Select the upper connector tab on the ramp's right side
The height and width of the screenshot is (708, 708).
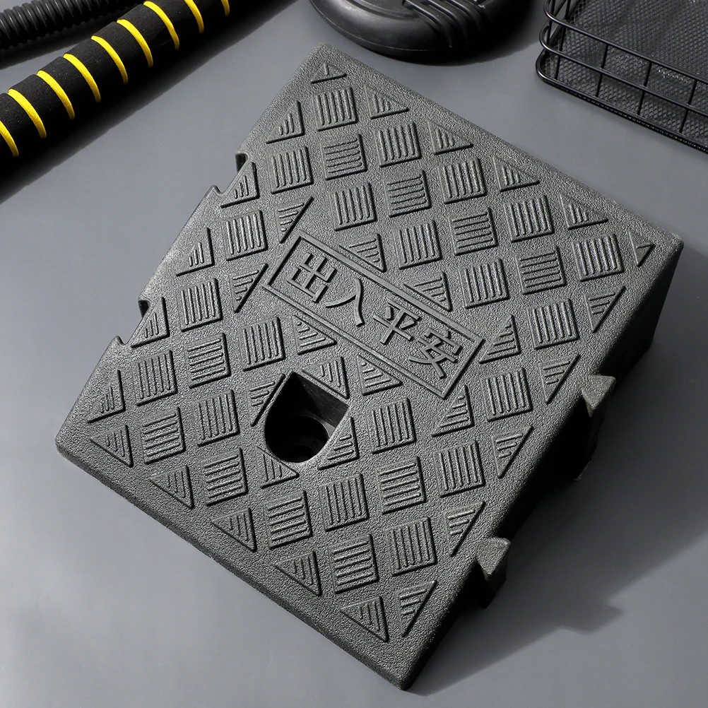[597, 394]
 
